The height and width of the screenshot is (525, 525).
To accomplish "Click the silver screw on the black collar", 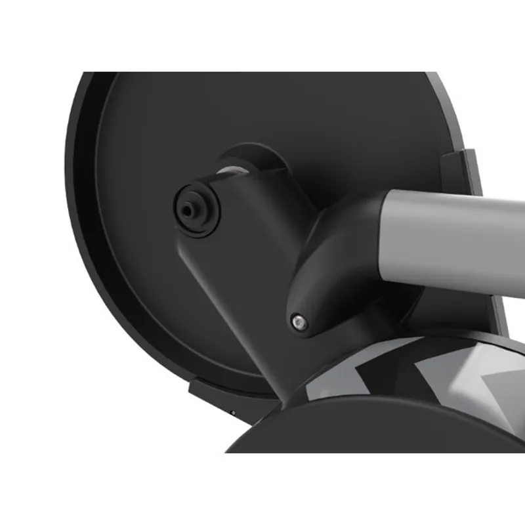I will [300, 320].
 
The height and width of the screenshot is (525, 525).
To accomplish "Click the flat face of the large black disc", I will [151, 262].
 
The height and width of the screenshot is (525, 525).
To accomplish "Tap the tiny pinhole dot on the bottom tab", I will [232, 412].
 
